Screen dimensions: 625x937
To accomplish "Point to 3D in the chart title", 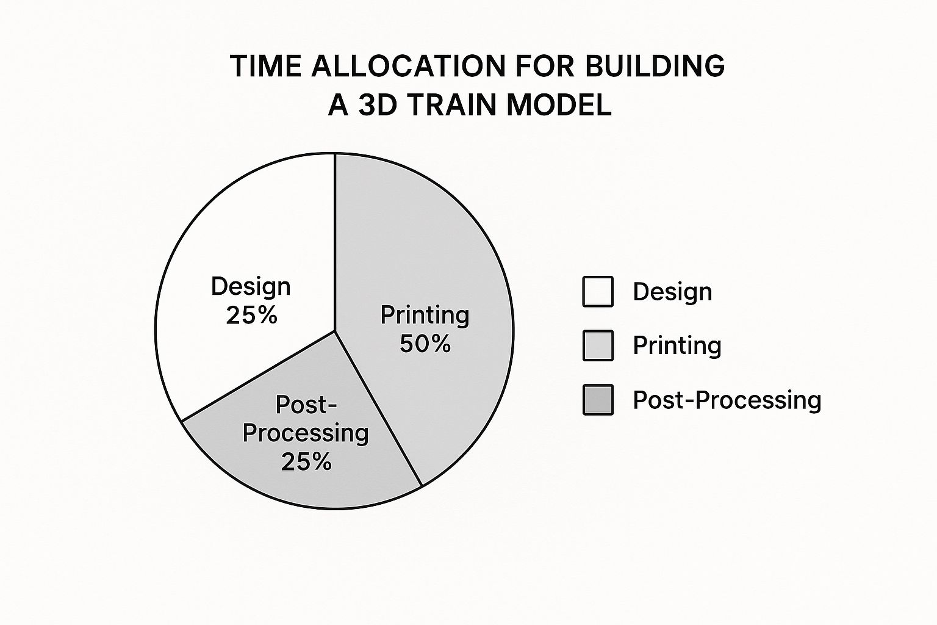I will pyautogui.click(x=377, y=105).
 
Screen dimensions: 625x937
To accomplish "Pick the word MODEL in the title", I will pyautogui.click(x=559, y=105).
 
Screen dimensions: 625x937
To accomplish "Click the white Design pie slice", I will pyautogui.click(x=244, y=244).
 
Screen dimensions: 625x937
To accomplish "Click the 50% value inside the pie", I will pyautogui.click(x=425, y=344).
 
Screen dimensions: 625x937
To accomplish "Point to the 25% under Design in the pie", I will pyautogui.click(x=251, y=315).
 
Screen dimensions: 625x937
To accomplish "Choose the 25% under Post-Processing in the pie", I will pyautogui.click(x=306, y=461).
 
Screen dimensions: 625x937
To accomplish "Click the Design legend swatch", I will pyautogui.click(x=598, y=292).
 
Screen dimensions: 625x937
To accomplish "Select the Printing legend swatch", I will pyautogui.click(x=598, y=345).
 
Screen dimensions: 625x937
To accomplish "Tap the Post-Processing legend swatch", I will pyautogui.click(x=598, y=400).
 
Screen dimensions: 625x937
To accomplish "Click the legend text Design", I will pyautogui.click(x=672, y=292).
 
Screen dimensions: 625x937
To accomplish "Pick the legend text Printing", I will pyautogui.click(x=677, y=345).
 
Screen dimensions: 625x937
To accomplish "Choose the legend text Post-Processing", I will pyautogui.click(x=727, y=400).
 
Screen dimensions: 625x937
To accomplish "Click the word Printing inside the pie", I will pyautogui.click(x=425, y=315).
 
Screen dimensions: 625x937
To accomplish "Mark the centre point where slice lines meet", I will pyautogui.click(x=335, y=331).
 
